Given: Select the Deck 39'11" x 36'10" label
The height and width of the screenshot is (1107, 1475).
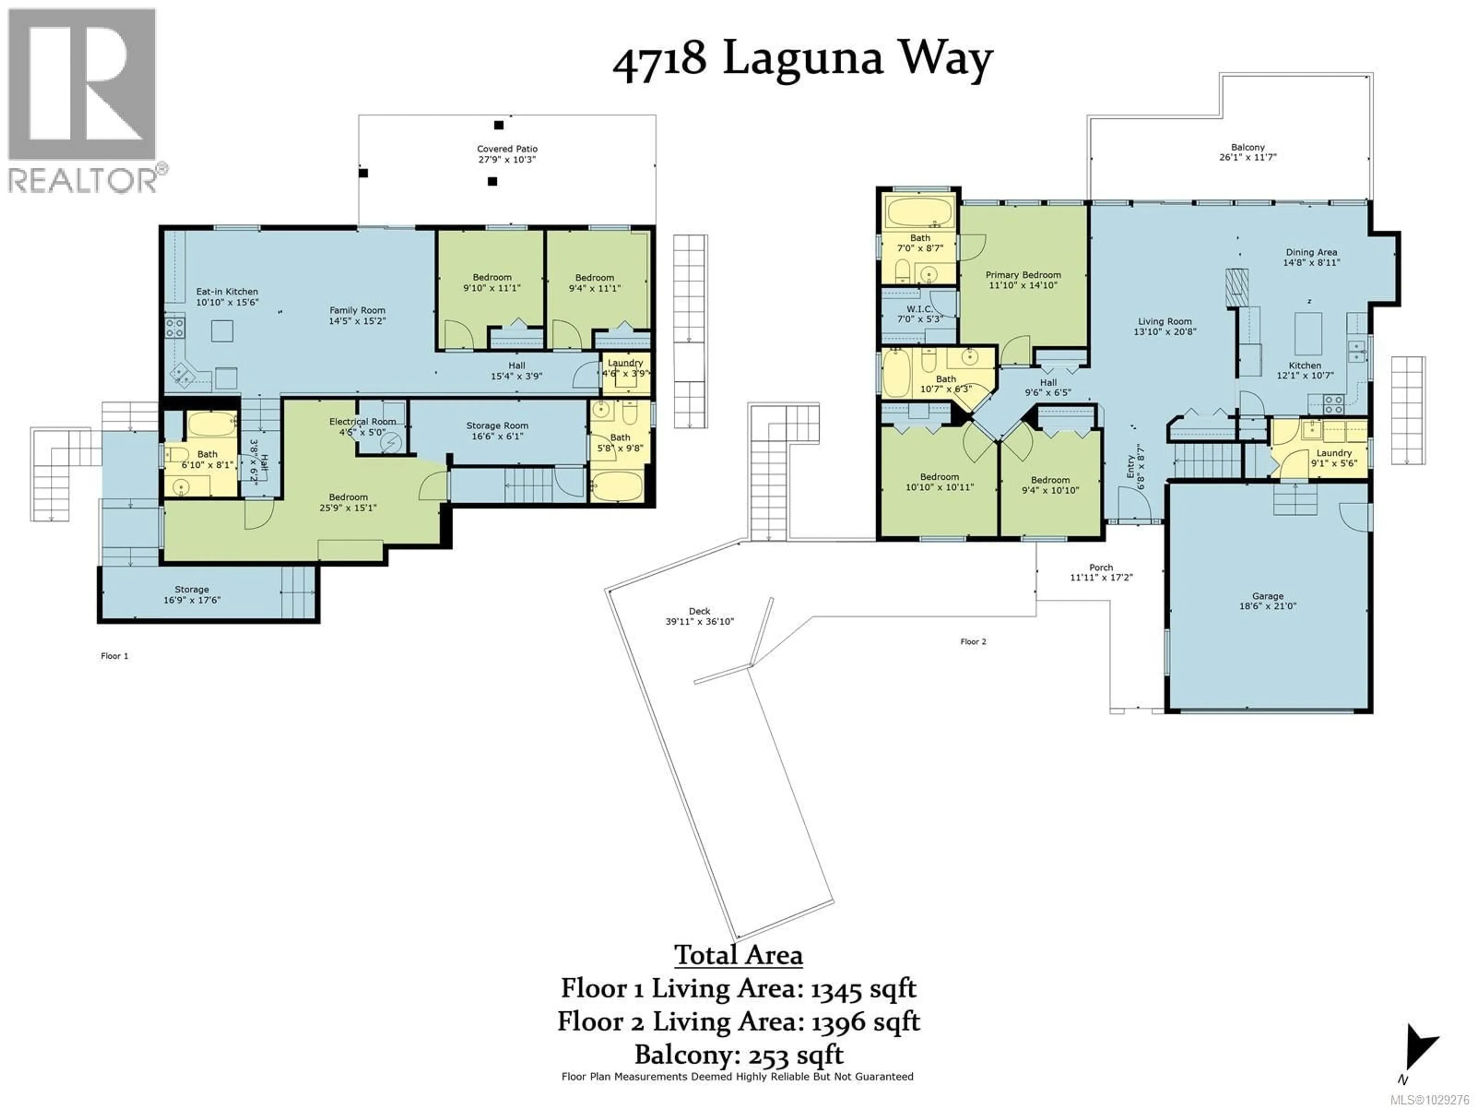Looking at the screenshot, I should (x=699, y=616).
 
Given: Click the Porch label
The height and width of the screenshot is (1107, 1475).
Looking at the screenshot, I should (x=1101, y=567).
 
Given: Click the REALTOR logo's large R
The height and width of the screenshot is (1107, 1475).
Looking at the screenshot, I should (x=81, y=83).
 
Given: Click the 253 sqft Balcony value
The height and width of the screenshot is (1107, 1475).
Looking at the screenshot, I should (x=796, y=1055).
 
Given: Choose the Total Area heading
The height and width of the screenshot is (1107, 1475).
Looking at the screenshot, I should (x=738, y=955).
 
